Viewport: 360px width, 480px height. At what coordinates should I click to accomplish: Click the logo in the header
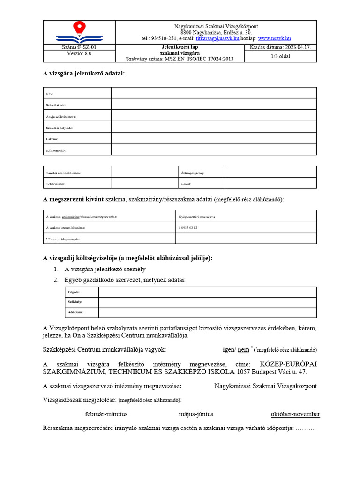(x=79, y=32)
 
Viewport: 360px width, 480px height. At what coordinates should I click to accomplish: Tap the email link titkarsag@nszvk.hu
(x=217, y=39)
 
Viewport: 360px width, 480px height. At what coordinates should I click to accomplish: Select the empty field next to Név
(x=214, y=93)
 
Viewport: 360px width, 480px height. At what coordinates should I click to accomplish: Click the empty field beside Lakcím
(x=214, y=138)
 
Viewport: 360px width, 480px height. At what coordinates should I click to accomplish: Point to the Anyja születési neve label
(x=61, y=116)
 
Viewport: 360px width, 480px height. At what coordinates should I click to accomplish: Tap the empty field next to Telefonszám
(x=144, y=183)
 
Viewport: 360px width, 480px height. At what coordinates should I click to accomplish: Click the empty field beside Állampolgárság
(x=270, y=172)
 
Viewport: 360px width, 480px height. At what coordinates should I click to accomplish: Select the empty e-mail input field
(x=270, y=183)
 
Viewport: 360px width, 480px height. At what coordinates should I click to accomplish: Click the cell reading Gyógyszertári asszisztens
(x=197, y=216)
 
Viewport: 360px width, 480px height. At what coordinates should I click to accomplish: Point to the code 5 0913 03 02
(x=188, y=227)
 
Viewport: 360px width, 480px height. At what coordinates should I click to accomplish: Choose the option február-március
(x=106, y=414)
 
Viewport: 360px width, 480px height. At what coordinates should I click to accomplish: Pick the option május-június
(x=196, y=414)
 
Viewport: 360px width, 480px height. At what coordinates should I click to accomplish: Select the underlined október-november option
(x=295, y=414)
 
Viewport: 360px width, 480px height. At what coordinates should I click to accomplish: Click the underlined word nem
(x=243, y=349)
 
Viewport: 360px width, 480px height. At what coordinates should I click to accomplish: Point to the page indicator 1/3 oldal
(x=280, y=56)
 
